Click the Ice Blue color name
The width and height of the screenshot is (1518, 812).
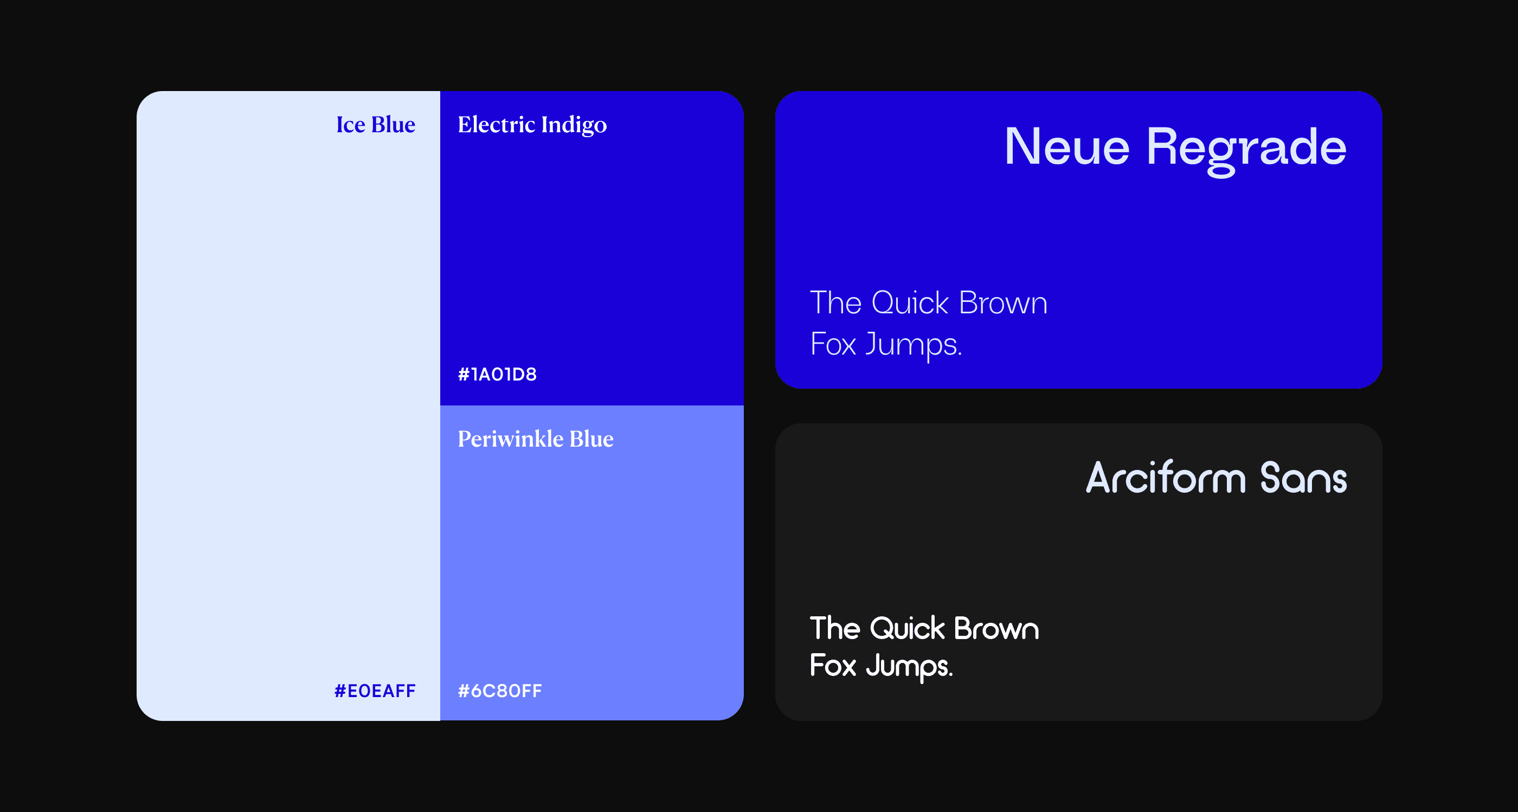click(375, 124)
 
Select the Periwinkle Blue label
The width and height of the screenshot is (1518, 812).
click(536, 439)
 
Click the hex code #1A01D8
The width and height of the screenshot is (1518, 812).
click(497, 374)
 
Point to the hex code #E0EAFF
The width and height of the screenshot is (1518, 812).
click(375, 691)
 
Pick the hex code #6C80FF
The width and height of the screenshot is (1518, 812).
click(500, 691)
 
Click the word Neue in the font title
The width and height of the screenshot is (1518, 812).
click(1067, 147)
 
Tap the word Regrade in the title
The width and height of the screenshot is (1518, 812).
click(1246, 151)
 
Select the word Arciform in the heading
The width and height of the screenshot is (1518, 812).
click(1166, 478)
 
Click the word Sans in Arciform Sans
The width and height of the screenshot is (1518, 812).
click(1303, 478)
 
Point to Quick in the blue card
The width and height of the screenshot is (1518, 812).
click(910, 303)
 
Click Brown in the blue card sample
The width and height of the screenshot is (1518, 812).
click(1003, 304)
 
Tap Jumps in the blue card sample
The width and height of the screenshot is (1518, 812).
click(914, 345)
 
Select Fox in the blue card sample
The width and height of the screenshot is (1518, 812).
click(833, 344)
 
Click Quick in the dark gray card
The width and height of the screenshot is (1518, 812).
click(907, 628)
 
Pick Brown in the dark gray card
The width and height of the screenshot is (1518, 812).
click(996, 629)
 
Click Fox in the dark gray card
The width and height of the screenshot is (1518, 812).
click(833, 666)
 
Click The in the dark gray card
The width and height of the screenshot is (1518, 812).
click(835, 628)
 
